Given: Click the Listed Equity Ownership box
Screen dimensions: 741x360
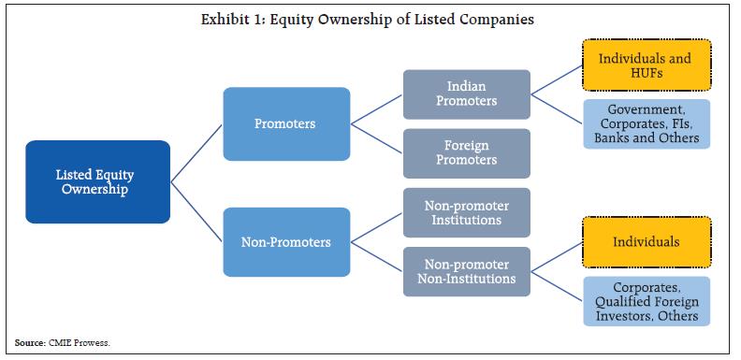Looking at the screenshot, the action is (x=97, y=181).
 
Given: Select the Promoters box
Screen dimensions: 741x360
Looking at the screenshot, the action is (x=284, y=122).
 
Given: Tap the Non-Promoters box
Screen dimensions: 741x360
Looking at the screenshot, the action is (x=284, y=242).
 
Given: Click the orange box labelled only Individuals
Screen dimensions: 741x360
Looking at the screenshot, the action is (x=646, y=242).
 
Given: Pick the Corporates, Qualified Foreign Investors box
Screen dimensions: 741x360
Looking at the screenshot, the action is (x=646, y=301).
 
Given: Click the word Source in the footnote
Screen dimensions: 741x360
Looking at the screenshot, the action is (x=28, y=344).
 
